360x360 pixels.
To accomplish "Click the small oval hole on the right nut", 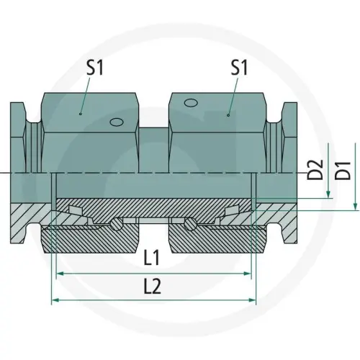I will click(191, 104).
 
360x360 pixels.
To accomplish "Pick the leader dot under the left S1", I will click(81, 113).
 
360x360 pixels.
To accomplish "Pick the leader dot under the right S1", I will click(228, 113).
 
